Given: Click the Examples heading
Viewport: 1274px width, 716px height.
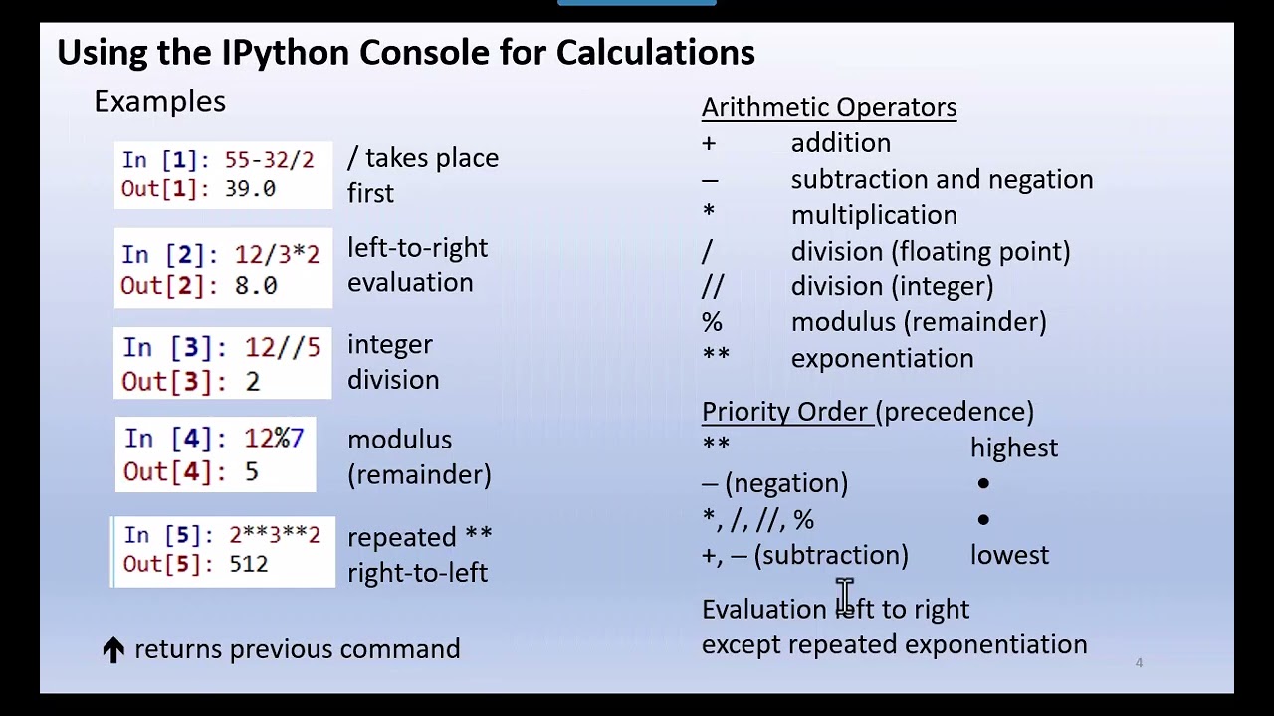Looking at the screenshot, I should pos(159,101).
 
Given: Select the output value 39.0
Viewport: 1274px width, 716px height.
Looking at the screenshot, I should pos(250,189).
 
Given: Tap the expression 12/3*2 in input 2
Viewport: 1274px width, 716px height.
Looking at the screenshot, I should pos(277,255).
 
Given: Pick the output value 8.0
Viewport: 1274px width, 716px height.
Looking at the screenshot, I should pos(256,286).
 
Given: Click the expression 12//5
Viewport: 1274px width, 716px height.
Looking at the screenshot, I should pos(283,348).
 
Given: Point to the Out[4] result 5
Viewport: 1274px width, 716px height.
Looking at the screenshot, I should pos(251,471).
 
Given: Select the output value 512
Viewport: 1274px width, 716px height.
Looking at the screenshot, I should pos(248,564).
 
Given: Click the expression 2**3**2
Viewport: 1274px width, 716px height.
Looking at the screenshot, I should pos(275,535).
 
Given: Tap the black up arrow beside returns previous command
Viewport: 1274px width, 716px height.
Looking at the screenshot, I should pos(113,650).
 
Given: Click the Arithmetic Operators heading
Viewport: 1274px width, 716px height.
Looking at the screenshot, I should pos(828,107).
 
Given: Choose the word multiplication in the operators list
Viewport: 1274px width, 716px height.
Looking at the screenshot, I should pos(874,215).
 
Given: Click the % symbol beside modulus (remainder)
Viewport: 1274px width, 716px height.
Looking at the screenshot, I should pos(712,322).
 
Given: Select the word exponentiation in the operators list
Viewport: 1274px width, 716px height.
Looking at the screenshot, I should pos(882,358).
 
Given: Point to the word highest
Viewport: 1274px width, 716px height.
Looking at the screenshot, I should pos(1013,447).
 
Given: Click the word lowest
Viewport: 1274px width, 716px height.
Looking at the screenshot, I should pos(1009,555).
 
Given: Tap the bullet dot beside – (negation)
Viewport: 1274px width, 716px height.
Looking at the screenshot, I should pos(983,483).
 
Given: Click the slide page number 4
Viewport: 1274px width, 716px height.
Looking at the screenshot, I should pos(1139,662).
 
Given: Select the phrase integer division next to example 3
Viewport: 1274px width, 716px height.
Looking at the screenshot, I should pos(393,362).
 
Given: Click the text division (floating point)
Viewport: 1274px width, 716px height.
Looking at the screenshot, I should pos(931,251).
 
